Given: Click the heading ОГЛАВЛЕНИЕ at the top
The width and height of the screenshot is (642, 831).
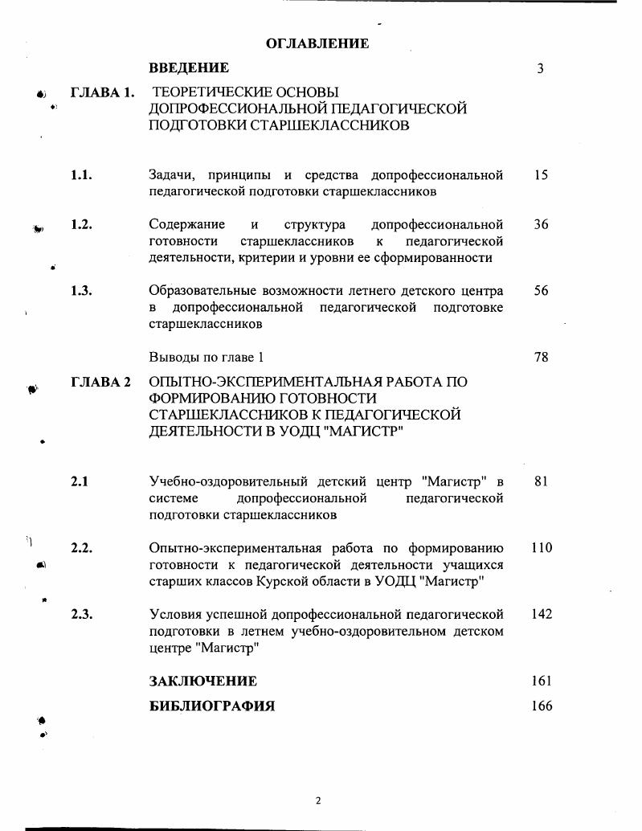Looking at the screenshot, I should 317,43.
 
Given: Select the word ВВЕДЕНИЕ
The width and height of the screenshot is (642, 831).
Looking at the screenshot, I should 189,68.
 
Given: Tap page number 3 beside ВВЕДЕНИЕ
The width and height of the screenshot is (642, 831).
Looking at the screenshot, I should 541,69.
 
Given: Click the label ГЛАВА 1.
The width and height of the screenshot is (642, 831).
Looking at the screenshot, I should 102,92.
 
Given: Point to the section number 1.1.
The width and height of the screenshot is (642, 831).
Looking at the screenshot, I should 81,175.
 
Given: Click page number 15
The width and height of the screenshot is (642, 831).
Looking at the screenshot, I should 541,175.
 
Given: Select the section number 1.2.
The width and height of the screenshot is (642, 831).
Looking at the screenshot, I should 81,225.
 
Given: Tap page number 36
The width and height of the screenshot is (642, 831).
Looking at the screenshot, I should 541,225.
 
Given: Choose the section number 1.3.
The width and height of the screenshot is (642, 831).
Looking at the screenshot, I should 81,291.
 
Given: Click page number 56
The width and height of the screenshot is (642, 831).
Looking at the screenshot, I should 541,291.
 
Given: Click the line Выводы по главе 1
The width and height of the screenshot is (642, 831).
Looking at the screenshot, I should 207,357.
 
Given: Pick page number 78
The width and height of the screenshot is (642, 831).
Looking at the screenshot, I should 541,357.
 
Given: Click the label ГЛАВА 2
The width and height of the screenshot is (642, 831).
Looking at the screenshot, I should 100,382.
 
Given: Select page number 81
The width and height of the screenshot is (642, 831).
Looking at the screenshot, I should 541,481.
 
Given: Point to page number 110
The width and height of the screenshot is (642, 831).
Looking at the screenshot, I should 542,548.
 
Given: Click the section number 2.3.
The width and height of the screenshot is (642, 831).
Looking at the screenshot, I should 81,614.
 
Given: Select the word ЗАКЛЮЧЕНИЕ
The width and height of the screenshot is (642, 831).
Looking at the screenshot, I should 203,682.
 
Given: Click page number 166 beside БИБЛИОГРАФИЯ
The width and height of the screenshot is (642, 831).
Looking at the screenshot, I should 542,706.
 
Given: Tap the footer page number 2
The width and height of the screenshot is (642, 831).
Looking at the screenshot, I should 318,800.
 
